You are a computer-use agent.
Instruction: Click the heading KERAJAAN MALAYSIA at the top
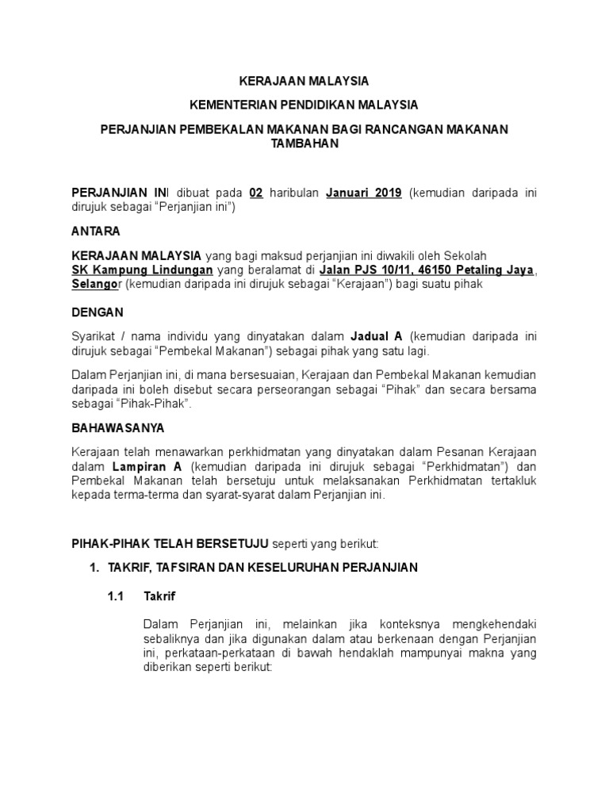304,81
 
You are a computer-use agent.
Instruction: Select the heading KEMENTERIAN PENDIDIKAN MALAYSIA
304,105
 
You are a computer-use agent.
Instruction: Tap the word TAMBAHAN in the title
304,143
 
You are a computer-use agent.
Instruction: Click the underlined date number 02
255,193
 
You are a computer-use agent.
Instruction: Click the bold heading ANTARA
96,232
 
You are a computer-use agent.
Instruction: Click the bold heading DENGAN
98,312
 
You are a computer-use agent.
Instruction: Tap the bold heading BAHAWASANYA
118,427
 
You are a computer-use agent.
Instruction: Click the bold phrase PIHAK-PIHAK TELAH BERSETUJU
170,543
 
